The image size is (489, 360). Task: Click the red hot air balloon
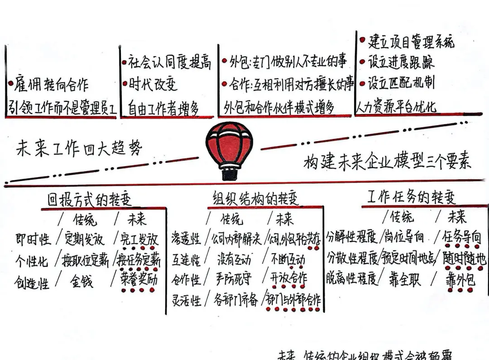click(x=229, y=144)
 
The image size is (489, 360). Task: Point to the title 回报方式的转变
click(x=90, y=200)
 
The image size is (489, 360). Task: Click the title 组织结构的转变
click(x=256, y=198)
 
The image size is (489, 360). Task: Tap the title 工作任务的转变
click(x=411, y=197)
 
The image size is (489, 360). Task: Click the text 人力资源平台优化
click(x=395, y=107)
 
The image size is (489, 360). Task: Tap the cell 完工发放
click(x=139, y=239)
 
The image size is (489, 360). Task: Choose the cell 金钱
click(x=81, y=281)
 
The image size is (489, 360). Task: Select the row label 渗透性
click(x=186, y=239)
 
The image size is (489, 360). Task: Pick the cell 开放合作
click(x=288, y=278)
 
